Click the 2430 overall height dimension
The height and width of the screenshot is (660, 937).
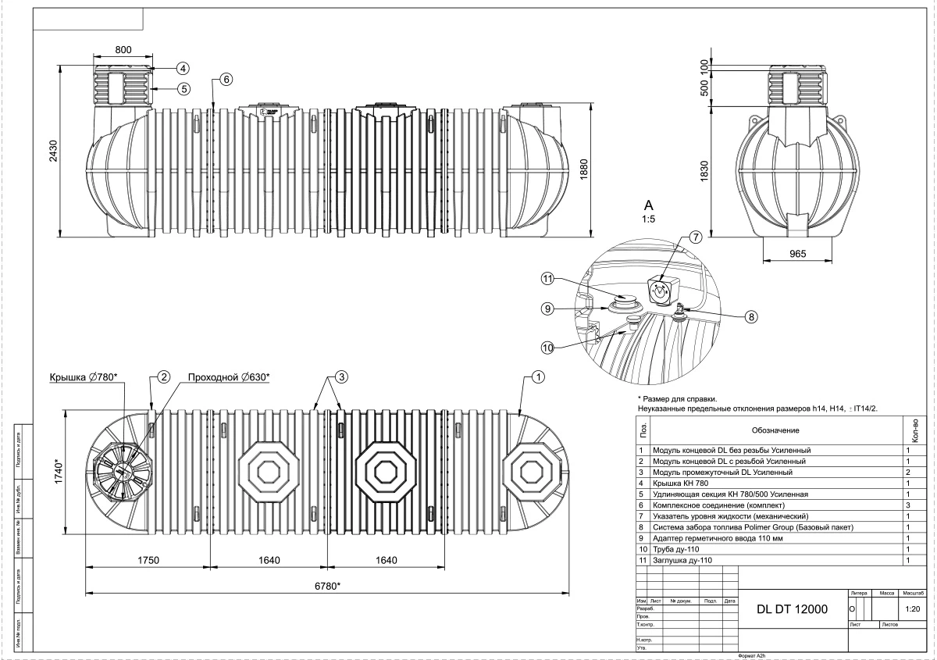(x=53, y=151)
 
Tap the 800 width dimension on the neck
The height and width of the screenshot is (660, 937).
(x=123, y=48)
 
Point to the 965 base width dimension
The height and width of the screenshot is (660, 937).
(x=796, y=254)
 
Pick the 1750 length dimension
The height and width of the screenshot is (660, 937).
(x=148, y=560)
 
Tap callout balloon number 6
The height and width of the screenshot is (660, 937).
(x=226, y=79)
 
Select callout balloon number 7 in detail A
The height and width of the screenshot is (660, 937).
(x=695, y=236)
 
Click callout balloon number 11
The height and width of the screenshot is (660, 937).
(x=548, y=279)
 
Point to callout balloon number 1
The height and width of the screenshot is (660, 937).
(x=537, y=377)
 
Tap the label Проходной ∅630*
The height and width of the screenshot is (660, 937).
(x=228, y=377)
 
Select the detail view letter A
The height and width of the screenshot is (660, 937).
(x=647, y=205)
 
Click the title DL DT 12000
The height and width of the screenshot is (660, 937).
(x=792, y=611)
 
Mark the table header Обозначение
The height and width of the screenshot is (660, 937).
(x=775, y=430)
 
